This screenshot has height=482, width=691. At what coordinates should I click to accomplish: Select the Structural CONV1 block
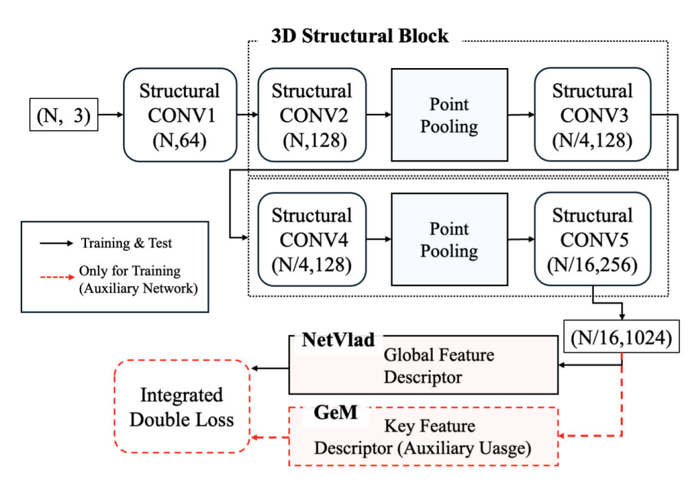point(180,115)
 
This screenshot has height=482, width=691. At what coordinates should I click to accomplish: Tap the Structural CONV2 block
point(311,115)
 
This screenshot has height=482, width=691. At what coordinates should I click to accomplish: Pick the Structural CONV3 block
point(592,115)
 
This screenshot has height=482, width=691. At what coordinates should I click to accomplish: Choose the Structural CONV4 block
point(311,239)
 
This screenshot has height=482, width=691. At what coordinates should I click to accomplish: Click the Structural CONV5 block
point(592,239)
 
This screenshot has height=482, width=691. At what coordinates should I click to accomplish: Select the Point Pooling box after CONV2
point(449,115)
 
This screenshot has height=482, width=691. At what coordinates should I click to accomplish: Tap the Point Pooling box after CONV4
point(449,239)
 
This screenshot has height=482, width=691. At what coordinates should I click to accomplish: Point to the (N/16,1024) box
point(623,337)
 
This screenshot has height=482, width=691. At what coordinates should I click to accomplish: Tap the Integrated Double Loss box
point(182,407)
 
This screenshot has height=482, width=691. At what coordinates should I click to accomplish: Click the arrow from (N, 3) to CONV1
point(110,116)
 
